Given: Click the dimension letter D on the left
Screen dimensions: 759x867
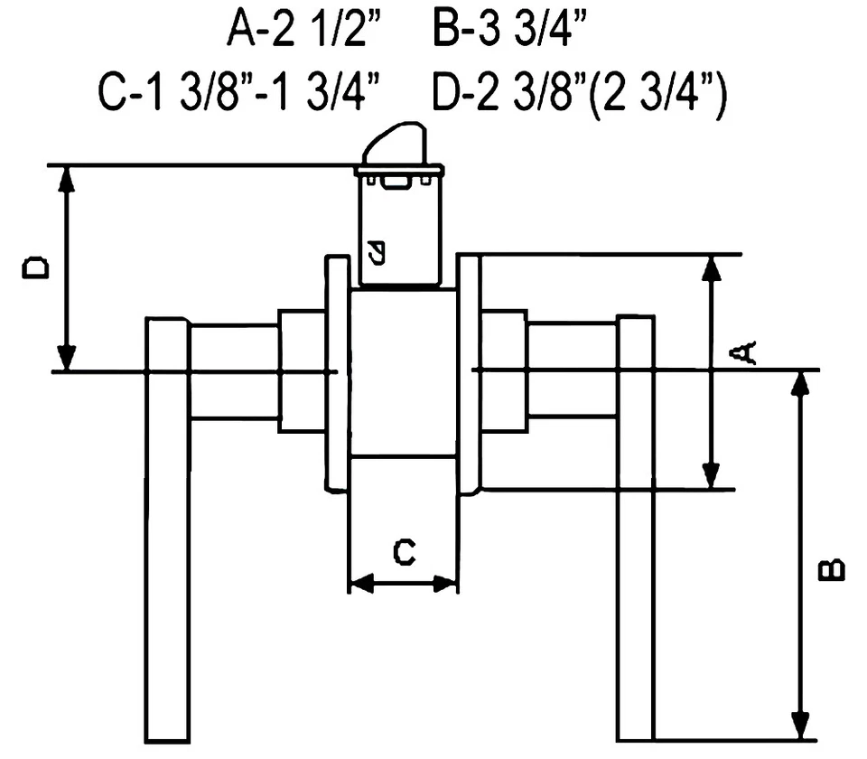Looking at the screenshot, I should pyautogui.click(x=37, y=268).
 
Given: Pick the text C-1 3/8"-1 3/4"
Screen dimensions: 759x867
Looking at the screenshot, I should pyautogui.click(x=238, y=92).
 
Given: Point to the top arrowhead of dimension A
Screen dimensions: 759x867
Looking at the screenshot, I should pyautogui.click(x=713, y=268).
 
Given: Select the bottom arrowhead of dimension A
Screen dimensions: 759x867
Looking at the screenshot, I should pyautogui.click(x=713, y=475).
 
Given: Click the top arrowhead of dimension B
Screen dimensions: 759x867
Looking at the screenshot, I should pyautogui.click(x=799, y=384).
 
